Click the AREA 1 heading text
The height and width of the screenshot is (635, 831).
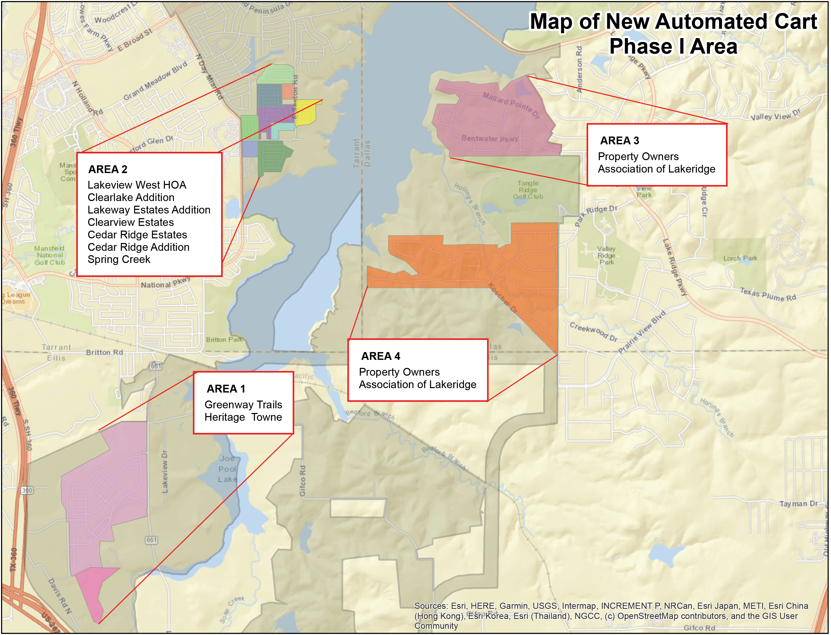point(226,389)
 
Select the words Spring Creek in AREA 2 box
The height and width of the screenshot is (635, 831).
point(119,260)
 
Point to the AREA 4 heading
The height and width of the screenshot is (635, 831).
point(380,356)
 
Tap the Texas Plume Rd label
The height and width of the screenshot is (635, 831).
point(767,295)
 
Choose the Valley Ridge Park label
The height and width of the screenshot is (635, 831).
point(606,255)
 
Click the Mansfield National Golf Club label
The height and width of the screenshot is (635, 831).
point(50,255)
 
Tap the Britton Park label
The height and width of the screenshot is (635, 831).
point(224,339)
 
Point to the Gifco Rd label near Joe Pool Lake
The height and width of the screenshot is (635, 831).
point(302,480)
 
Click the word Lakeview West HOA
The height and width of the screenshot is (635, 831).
point(137,185)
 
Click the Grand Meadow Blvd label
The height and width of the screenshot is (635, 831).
point(155,81)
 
